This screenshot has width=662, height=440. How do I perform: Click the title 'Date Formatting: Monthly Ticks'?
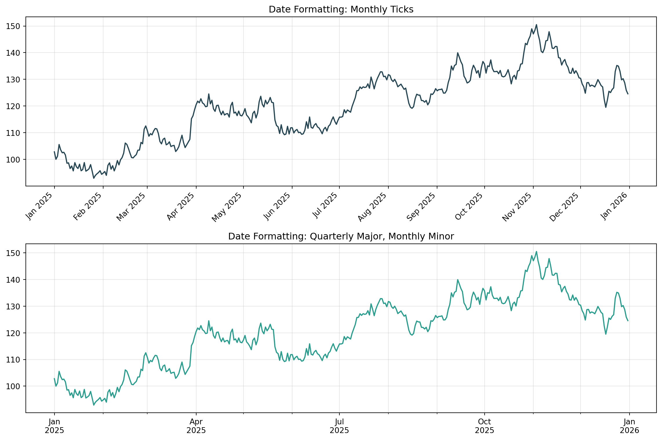coord(341,10)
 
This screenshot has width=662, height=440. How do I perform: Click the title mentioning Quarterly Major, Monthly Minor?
coord(341,237)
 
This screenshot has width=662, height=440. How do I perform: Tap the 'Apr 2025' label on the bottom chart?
coord(196,426)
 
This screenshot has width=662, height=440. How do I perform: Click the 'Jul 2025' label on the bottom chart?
coord(339,426)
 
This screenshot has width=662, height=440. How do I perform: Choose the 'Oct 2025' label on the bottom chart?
coord(484,426)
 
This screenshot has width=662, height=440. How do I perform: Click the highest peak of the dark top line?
coord(536,25)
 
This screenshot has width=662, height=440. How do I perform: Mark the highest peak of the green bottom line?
coord(536,252)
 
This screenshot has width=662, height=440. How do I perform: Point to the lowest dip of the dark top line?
coord(94,178)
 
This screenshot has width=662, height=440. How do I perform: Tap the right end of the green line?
coord(628,321)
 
